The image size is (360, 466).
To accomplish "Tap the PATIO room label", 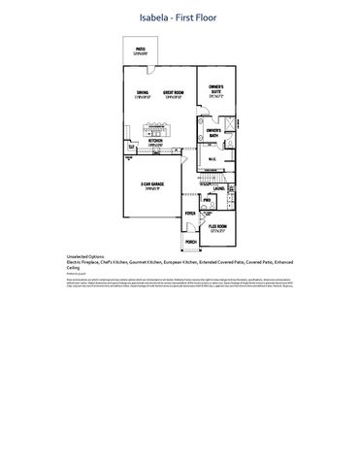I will [141, 49].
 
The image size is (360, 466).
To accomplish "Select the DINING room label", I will [142, 93].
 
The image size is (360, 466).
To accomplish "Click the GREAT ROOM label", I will [174, 93].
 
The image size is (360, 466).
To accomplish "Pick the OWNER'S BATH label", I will [213, 131].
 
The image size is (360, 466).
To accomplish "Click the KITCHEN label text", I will [155, 142].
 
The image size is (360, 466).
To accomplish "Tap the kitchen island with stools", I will [155, 124].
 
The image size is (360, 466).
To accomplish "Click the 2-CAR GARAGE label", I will [150, 184].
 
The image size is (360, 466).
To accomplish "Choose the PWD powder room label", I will [207, 201].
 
